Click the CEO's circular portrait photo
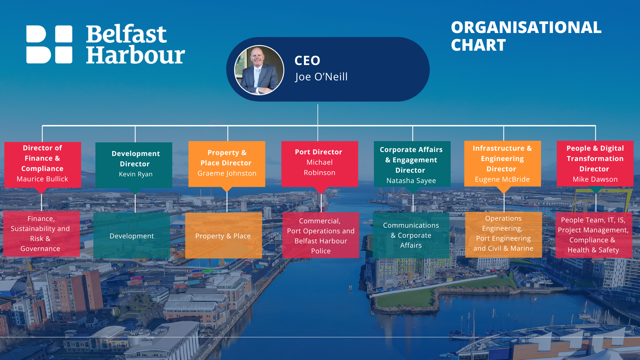click(259, 70)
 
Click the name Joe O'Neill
click(321, 77)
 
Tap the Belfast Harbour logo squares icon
click(49, 44)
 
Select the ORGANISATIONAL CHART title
click(526, 36)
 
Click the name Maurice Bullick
click(42, 179)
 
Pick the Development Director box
click(134, 165)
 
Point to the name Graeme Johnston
click(227, 173)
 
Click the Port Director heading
click(318, 152)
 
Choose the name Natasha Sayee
click(411, 181)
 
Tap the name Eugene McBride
click(502, 179)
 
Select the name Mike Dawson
click(595, 179)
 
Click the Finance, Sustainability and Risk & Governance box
click(41, 234)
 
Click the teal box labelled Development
click(132, 235)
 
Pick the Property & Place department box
click(223, 235)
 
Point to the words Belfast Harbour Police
click(321, 246)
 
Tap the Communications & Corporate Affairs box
click(411, 235)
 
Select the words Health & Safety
click(593, 250)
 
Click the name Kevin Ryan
click(136, 174)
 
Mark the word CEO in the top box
click(307, 61)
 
